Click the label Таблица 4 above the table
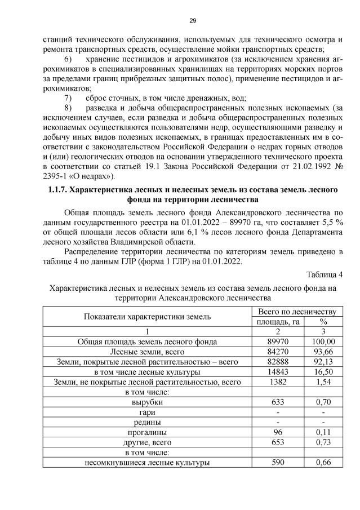[x=324, y=274]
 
